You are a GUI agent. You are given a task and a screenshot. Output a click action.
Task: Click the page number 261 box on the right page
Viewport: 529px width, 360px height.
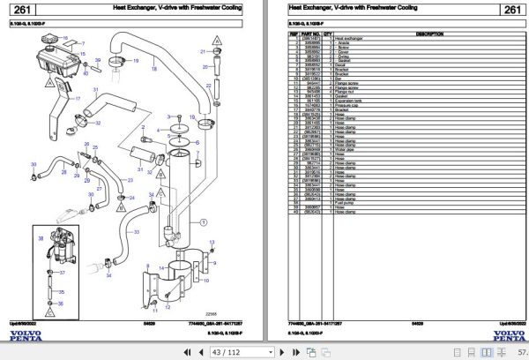coord(510,10)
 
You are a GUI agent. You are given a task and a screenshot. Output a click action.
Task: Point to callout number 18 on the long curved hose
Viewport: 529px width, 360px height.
coord(155,64)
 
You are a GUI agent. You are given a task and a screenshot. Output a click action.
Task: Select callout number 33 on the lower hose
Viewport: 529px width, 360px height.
coord(138,231)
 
